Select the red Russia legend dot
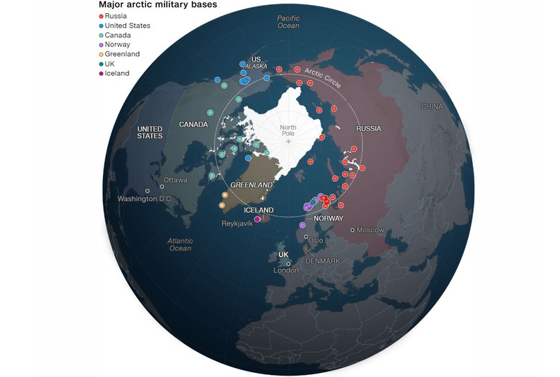click(101, 16)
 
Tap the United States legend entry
click(127, 26)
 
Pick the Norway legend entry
click(118, 45)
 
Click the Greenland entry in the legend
click(122, 54)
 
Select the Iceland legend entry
click(117, 73)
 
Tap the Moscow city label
click(370, 230)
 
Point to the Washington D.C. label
click(145, 199)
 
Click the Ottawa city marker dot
click(162, 186)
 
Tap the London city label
click(285, 270)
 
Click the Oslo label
click(315, 240)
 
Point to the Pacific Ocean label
click(288, 21)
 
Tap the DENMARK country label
click(323, 261)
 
